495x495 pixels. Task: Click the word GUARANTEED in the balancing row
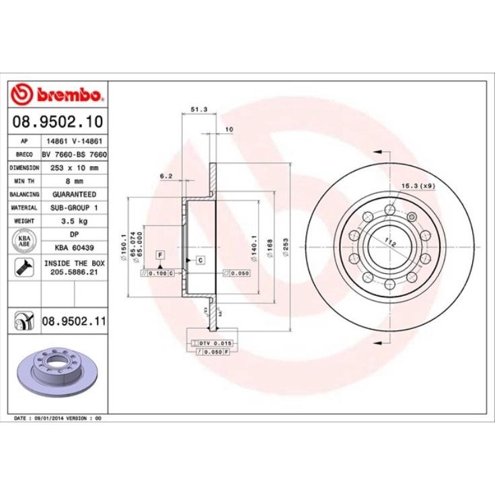click(x=75, y=194)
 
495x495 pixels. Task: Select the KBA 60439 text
click(x=75, y=247)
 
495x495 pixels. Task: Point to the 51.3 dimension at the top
click(x=199, y=108)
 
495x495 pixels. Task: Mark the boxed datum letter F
click(x=160, y=254)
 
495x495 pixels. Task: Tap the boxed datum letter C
click(x=200, y=260)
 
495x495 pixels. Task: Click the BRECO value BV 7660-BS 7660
click(x=75, y=154)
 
